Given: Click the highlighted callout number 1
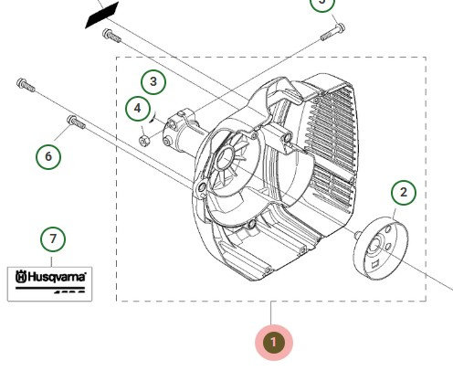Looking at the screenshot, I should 274,343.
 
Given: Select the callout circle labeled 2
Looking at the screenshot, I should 404,193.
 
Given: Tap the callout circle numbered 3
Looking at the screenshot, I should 153,81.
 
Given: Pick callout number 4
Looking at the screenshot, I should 138,109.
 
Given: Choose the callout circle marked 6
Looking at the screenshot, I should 48,156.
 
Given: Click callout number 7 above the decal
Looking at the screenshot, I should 53,239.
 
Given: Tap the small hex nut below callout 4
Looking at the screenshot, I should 145,140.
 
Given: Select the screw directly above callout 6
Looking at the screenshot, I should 74,121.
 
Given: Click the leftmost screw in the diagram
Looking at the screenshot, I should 25,86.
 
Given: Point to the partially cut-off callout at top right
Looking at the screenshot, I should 321,4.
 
